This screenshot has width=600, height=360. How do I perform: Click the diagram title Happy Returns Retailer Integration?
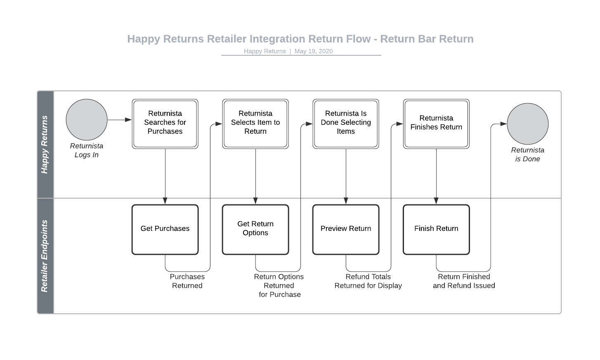[x=300, y=39]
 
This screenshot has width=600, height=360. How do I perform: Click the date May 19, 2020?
[x=313, y=51]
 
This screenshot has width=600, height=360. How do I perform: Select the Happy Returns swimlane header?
[x=45, y=144]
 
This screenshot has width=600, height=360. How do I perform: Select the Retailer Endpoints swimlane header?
[x=45, y=256]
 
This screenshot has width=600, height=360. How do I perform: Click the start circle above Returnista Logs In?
[x=87, y=120]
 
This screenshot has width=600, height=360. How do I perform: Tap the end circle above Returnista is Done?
[x=527, y=124]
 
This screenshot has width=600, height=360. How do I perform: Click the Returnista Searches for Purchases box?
[x=165, y=123]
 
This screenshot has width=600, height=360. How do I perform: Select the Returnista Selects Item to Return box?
[x=255, y=123]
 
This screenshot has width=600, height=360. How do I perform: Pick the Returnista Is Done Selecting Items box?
[x=346, y=123]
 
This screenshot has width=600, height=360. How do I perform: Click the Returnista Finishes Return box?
[x=436, y=123]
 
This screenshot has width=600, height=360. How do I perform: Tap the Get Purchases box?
[x=165, y=229]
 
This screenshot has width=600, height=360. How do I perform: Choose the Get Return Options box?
[x=255, y=229]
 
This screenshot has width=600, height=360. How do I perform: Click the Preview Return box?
[x=346, y=229]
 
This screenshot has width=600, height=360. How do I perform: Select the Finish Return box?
[x=436, y=229]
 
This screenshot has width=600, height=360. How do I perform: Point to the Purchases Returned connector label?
[x=187, y=281]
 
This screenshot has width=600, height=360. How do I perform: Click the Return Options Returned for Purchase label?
[x=279, y=286]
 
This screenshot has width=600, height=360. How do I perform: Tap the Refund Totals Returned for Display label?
[x=368, y=281]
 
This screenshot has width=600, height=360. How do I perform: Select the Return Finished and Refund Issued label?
[x=464, y=281]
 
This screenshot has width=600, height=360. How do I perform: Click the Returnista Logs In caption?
[x=87, y=150]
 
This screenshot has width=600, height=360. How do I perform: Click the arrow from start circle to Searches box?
[x=119, y=120]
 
